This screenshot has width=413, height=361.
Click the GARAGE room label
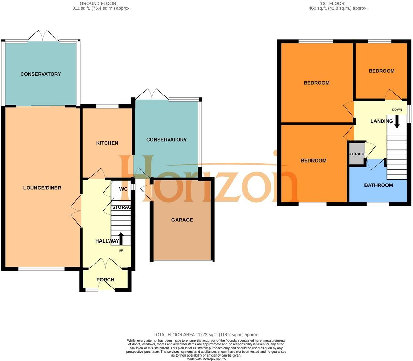[182, 220]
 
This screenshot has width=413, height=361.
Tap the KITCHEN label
[107, 143]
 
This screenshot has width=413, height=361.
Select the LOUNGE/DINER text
[42, 188]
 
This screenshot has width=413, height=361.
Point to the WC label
[123, 189]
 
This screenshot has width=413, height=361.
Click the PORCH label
[105, 280]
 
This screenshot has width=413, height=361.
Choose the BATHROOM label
[379, 185]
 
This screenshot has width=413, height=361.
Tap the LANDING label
[382, 121]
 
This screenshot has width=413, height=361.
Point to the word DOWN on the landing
[397, 110]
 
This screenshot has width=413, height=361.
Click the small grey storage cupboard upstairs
[357, 154]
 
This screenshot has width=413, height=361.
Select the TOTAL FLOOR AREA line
[206, 334]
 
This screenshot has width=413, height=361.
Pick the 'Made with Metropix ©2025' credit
[206, 359]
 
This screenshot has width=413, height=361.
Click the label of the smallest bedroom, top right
[382, 71]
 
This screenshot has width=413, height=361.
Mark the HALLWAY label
[107, 241]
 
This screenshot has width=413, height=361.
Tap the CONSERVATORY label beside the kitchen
[166, 140]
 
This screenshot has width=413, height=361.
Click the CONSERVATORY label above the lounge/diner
[41, 74]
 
